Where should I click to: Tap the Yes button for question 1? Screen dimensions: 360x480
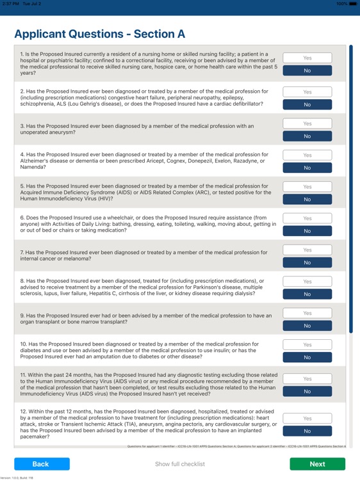click(307, 58)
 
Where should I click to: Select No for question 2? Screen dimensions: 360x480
click(307, 104)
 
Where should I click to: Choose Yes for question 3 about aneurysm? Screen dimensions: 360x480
click(307, 124)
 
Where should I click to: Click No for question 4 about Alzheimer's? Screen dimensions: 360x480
click(307, 168)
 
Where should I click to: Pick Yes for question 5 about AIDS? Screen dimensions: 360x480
click(307, 187)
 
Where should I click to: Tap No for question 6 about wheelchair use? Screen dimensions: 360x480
click(307, 231)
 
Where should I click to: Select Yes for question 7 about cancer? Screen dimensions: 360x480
click(307, 250)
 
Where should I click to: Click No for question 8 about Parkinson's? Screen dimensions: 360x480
click(307, 294)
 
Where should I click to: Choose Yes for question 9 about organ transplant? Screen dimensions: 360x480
click(307, 313)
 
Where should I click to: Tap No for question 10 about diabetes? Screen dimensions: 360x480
click(307, 358)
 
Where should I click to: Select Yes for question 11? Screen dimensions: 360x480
click(307, 379)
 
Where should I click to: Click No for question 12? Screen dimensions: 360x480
click(307, 431)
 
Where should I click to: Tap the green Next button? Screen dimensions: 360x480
click(317, 464)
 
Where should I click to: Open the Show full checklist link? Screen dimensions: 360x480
click(180, 464)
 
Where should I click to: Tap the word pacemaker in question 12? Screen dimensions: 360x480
click(36, 437)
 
